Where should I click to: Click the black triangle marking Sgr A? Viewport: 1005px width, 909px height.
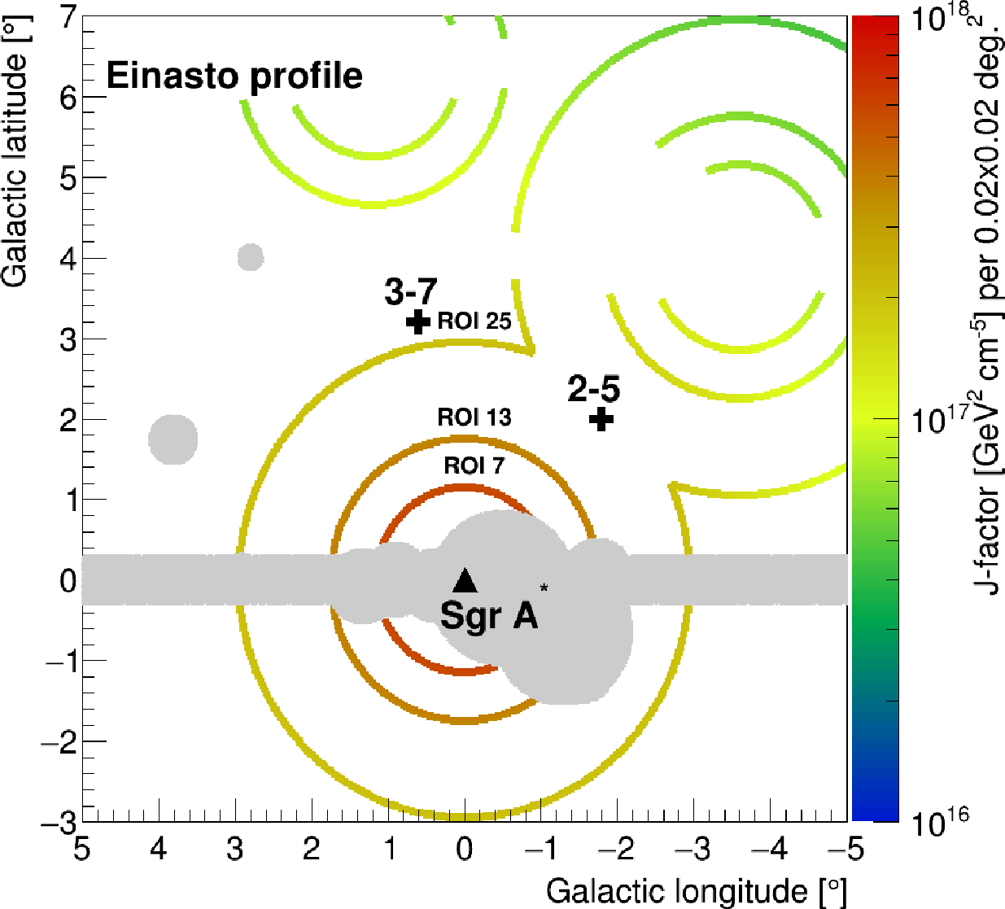click(x=465, y=580)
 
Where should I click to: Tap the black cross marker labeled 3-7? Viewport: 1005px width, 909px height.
click(x=418, y=321)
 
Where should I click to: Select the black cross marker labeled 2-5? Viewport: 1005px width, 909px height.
click(x=601, y=420)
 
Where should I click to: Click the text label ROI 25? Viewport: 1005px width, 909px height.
click(x=474, y=321)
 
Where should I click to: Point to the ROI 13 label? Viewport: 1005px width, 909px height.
click(x=474, y=417)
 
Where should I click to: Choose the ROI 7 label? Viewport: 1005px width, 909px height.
click(x=474, y=466)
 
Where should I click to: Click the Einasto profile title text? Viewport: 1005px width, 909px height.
click(x=234, y=76)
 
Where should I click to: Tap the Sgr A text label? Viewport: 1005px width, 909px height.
click(x=489, y=615)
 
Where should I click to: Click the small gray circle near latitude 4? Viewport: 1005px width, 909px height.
click(x=251, y=257)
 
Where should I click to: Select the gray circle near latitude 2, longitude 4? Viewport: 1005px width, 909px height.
click(x=173, y=439)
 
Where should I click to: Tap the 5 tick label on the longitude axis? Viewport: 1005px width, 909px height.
click(x=81, y=850)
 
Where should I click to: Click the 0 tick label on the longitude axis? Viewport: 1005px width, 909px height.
click(x=465, y=850)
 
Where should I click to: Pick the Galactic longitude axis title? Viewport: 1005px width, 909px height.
click(x=697, y=891)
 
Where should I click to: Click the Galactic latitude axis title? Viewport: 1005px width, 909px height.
click(x=16, y=155)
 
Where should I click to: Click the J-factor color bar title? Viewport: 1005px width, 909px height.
click(x=989, y=309)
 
